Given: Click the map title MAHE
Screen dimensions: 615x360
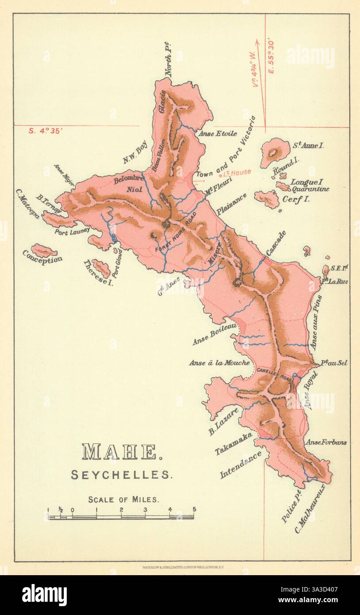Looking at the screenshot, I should (119, 452).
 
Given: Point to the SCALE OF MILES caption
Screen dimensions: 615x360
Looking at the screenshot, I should (123, 500).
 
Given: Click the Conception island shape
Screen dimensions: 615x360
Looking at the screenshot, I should (44, 250).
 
